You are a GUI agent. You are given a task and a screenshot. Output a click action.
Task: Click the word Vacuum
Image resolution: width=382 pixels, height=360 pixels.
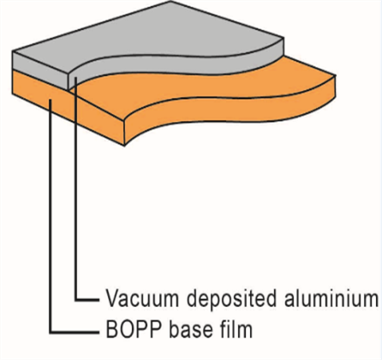click(142, 298)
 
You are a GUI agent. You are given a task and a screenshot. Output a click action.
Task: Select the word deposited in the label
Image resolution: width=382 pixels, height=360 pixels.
click(231, 299)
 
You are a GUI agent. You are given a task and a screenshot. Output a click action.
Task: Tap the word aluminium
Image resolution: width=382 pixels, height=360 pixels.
click(331, 298)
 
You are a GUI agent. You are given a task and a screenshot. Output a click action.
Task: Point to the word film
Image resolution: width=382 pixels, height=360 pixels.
click(237, 328)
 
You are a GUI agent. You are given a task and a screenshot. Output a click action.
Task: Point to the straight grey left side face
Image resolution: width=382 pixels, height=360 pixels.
click(40, 70)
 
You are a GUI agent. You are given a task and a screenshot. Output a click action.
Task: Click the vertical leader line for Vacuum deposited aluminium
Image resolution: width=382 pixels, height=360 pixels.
click(76, 189)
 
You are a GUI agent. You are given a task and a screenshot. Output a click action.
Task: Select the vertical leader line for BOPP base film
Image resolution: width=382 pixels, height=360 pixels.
click(51, 216)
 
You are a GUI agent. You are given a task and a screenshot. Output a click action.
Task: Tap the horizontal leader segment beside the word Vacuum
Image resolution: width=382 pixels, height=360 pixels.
click(87, 299)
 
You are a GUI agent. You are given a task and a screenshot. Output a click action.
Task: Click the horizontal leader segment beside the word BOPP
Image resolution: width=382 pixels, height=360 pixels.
click(75, 333)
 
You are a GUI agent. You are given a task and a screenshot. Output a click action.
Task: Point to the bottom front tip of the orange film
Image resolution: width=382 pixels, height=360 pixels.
click(124, 146)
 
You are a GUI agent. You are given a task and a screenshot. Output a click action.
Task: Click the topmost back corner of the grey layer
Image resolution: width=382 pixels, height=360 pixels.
click(170, 1)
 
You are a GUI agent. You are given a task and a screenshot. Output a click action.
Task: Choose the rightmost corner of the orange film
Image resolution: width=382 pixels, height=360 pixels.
click(336, 75)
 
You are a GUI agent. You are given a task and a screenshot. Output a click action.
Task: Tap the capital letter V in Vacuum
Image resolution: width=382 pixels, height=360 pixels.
click(112, 298)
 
